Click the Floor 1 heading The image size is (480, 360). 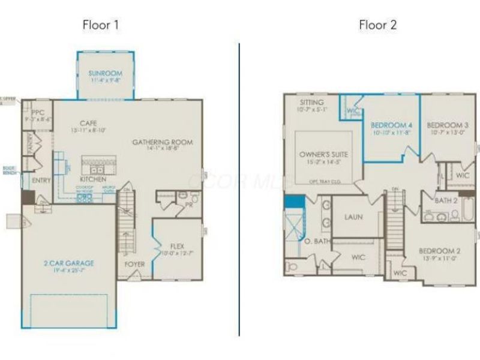pos(101,25)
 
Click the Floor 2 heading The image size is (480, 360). pos(378,25)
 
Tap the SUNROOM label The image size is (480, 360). pos(106,74)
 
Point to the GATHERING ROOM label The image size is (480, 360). pos(162,142)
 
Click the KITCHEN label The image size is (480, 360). pos(93,179)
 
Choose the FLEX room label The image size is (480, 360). pos(177,245)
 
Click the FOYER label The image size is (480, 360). pos(135,263)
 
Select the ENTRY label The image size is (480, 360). pos(41,180)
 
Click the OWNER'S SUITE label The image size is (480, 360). pos(323,154)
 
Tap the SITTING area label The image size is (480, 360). pos(312,103)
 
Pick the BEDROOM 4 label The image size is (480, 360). pos(391,125)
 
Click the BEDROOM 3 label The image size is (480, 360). pos(448,125)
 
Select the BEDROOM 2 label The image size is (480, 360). pos(439,251)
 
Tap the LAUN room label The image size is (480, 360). pos(353,217)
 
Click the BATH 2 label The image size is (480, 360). pos(446,200)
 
